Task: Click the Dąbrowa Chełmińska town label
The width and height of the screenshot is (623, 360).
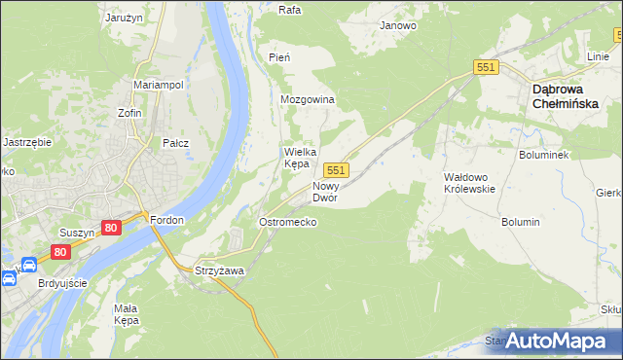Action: coord(571,97)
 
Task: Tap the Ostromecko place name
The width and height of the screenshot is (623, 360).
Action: coord(287,223)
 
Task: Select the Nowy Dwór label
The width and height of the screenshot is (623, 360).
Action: coord(325,191)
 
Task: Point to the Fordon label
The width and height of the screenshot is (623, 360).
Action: coord(167,220)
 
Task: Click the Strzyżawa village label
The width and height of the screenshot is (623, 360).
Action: coord(219,270)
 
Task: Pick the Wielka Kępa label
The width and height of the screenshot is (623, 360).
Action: coord(297,158)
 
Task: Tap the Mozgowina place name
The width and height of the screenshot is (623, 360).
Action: coord(308,100)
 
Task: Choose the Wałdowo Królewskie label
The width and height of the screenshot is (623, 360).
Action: coord(470,183)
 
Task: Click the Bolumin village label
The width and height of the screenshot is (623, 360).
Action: coord(521,223)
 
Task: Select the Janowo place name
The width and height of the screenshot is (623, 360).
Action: coord(398,26)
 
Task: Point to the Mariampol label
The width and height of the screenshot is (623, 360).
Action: coord(159,85)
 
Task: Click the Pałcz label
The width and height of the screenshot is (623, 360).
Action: coord(175,143)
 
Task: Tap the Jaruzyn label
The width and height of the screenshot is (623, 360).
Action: coord(126,17)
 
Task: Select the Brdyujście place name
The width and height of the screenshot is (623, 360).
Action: coord(61,283)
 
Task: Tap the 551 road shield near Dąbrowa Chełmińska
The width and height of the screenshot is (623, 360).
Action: coord(487,67)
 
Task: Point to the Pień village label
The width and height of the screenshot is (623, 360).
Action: coord(279,58)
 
